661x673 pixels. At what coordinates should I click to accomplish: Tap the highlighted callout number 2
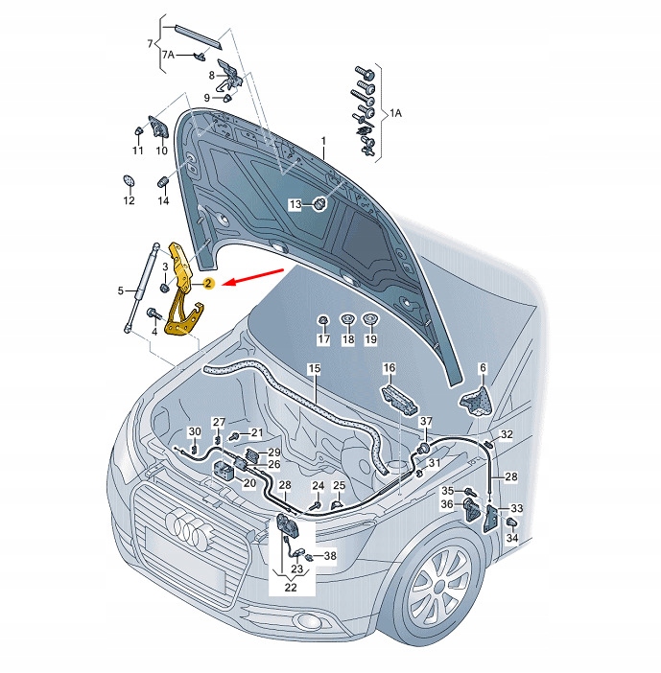coord(207,284)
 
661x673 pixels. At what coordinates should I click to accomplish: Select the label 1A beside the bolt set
coord(395,113)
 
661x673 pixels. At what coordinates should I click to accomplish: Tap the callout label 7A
coord(168,55)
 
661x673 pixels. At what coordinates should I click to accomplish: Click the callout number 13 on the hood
coord(296,204)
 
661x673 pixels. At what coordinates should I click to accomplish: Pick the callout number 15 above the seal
coord(314,368)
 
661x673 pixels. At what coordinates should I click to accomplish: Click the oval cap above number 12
coord(129,181)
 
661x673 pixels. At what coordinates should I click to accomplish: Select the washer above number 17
coord(323,319)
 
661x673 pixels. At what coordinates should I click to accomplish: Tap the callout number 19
coord(371,340)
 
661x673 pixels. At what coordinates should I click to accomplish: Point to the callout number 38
coord(330,555)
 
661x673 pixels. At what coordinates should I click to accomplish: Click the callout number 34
coord(512,539)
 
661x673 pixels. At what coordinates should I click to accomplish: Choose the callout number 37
coord(426,422)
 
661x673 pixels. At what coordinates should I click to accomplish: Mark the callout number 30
coord(194,431)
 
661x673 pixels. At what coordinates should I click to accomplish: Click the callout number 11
coord(137,151)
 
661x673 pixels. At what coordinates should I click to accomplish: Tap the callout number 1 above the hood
coord(324,141)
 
